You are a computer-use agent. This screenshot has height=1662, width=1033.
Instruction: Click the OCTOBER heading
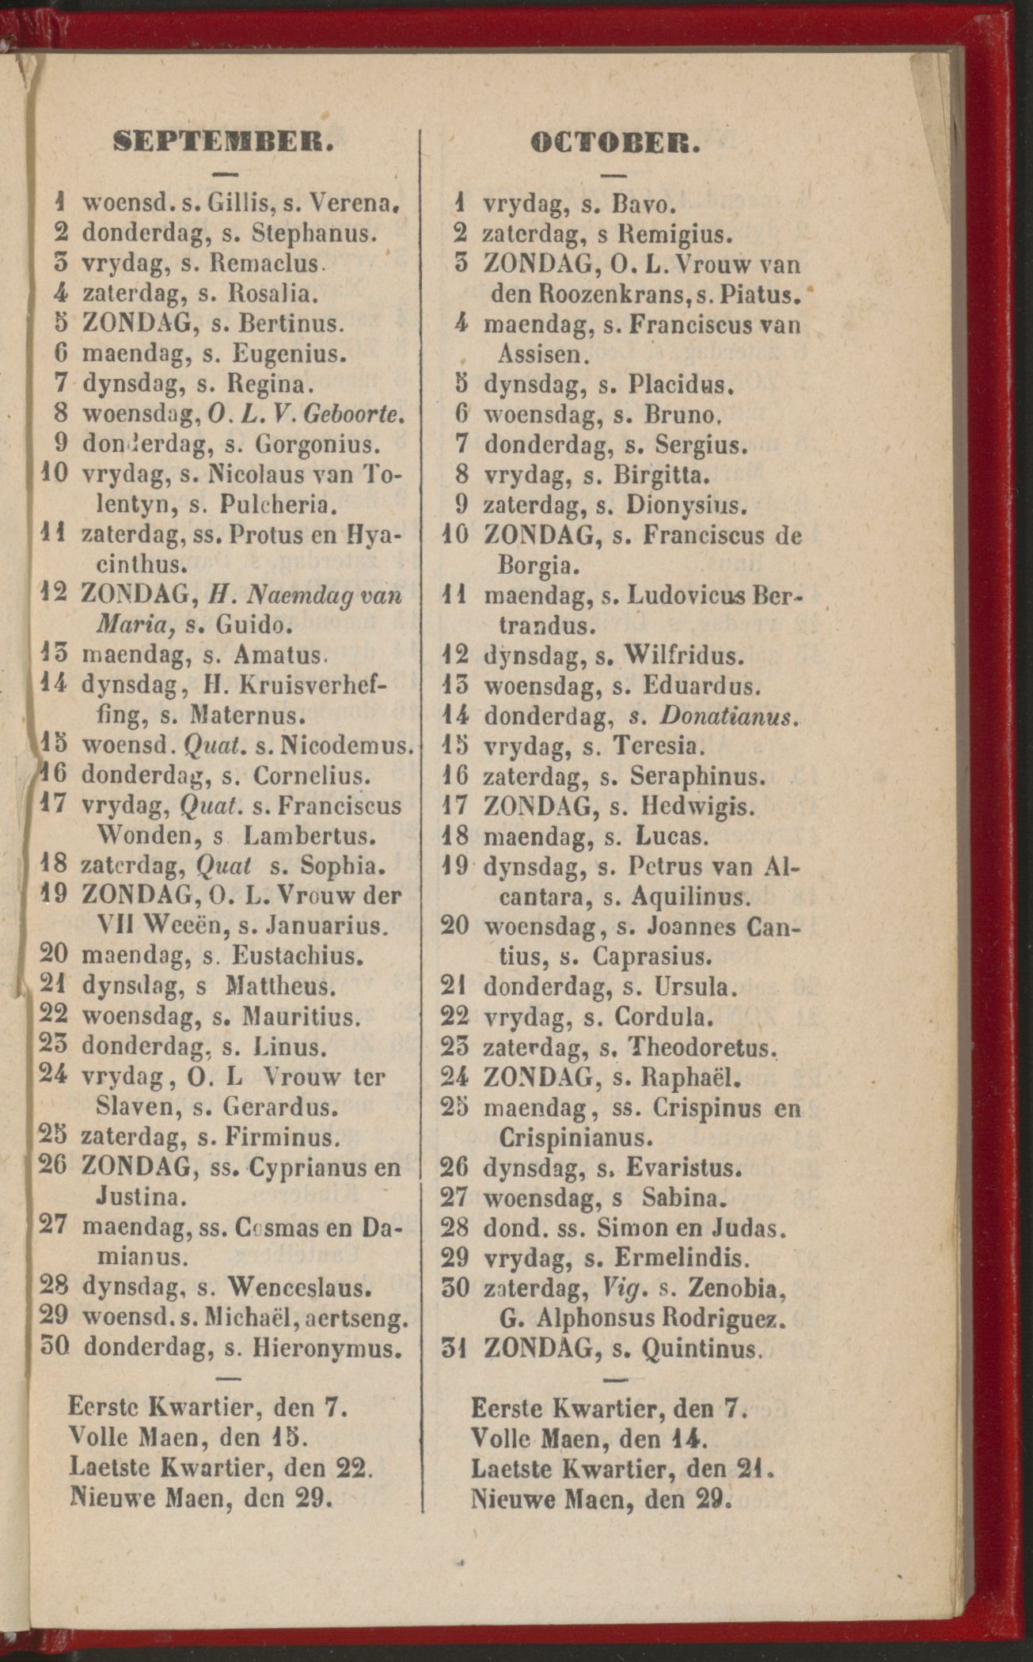click(x=616, y=143)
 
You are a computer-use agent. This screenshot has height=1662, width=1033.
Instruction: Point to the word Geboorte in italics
click(x=354, y=413)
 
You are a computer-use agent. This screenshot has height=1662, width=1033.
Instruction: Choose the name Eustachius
click(x=297, y=956)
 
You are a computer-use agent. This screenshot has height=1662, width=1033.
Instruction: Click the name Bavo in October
click(x=643, y=205)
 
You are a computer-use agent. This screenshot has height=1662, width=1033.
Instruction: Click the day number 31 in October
click(x=455, y=1347)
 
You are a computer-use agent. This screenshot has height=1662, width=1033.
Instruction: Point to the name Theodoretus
click(x=700, y=1048)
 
